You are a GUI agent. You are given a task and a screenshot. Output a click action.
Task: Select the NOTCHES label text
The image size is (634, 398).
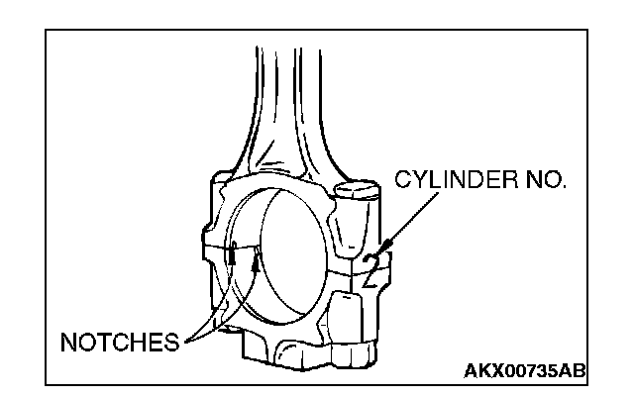[119, 344]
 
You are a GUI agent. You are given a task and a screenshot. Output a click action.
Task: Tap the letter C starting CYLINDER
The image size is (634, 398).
[403, 181]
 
